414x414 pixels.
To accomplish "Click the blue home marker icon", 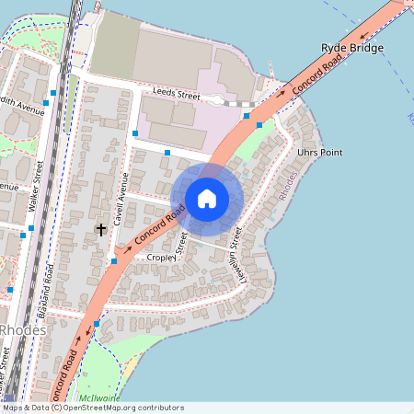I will point(207,198).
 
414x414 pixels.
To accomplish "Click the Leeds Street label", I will point(177,95).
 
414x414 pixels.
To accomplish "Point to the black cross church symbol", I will point(101,228).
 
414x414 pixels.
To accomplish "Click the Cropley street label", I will point(162,259).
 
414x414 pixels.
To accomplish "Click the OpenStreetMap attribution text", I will point(92,408).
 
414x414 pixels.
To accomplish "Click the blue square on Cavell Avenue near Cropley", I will point(114,261).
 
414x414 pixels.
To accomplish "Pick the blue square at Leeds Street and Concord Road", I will point(247,117).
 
